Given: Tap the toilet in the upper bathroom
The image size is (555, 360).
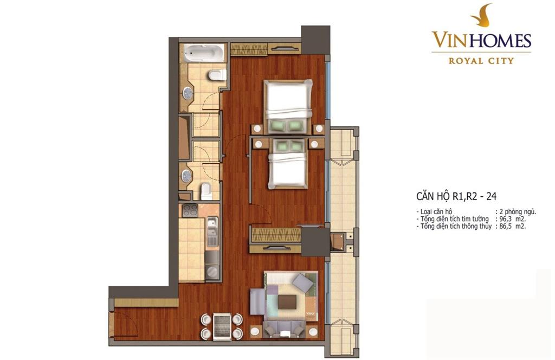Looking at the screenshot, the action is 217,75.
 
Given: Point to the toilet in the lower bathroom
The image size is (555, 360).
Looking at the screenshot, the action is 205,191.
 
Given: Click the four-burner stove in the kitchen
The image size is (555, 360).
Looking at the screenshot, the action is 190,210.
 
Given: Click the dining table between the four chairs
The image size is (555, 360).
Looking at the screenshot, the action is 222,326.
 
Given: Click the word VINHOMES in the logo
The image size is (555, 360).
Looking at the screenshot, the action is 481,40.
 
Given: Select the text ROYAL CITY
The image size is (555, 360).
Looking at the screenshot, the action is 481,61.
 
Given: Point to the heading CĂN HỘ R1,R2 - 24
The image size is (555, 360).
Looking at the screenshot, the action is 456,196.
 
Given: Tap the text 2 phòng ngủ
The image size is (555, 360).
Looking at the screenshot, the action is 518,213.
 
